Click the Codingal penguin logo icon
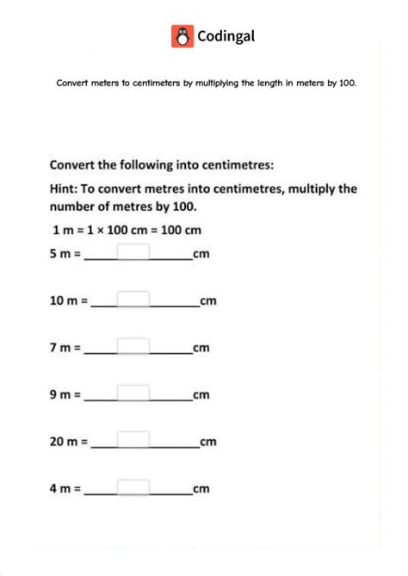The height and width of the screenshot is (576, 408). [182, 36]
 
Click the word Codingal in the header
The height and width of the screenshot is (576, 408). [226, 36]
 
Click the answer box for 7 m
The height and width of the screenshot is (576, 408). [133, 347]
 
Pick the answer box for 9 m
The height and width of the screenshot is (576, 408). [133, 394]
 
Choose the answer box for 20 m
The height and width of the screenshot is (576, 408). [133, 441]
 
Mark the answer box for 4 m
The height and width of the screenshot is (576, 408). [133, 488]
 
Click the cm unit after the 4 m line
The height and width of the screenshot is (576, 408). [201, 489]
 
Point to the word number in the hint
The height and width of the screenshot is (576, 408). [76, 207]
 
